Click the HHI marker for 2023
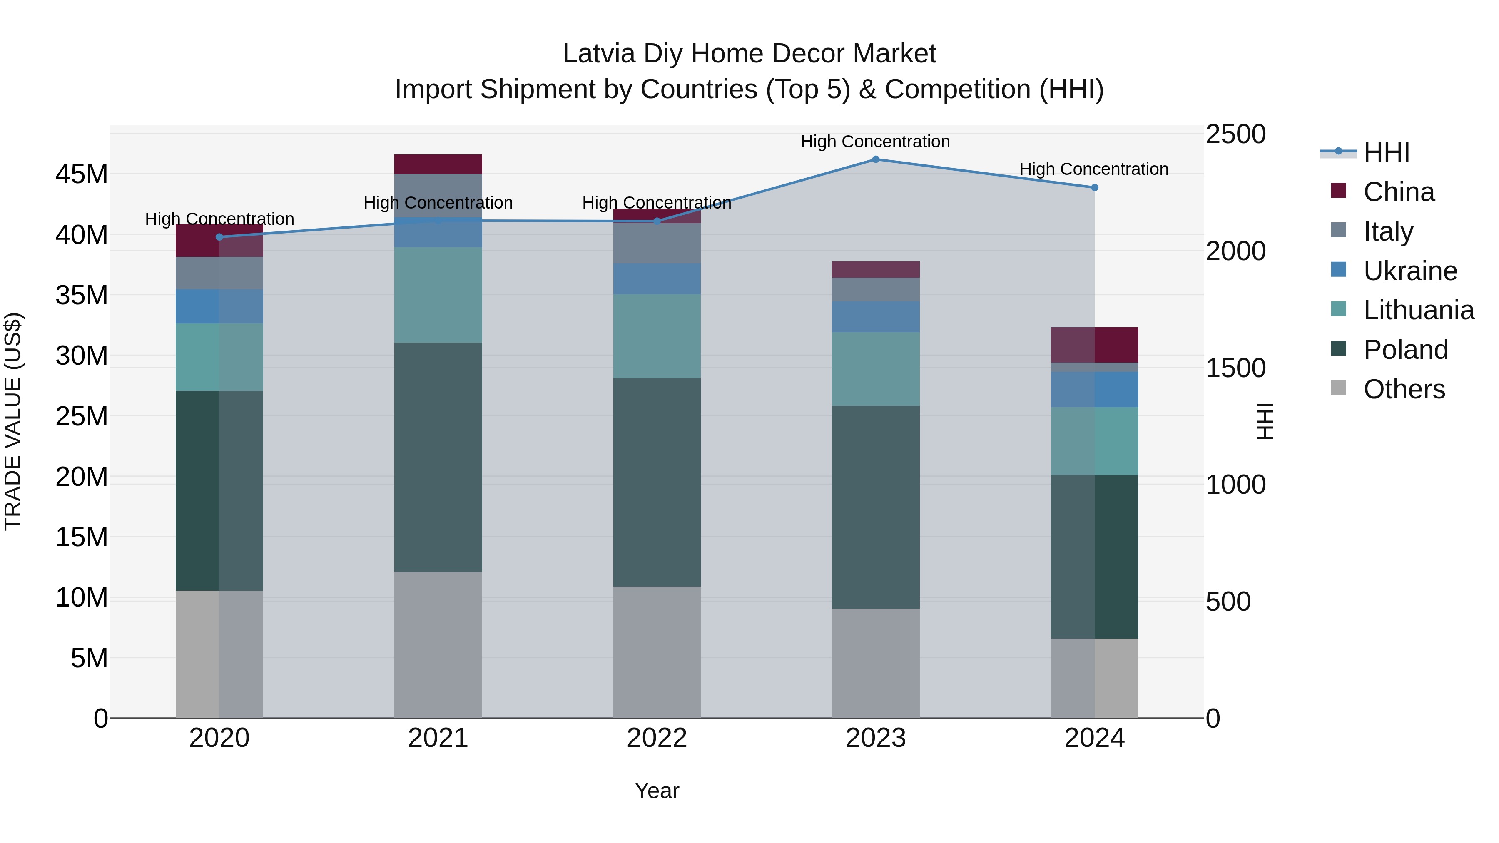tap(875, 159)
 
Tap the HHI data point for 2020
tap(219, 237)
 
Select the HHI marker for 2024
tap(1094, 187)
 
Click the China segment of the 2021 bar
tap(438, 164)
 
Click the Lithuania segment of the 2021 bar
tap(438, 295)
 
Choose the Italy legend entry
tap(1388, 231)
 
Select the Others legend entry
tap(1404, 389)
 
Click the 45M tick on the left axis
tap(82, 174)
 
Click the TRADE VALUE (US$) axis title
tap(13, 421)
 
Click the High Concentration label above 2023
tap(875, 142)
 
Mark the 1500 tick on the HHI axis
tap(1235, 368)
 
